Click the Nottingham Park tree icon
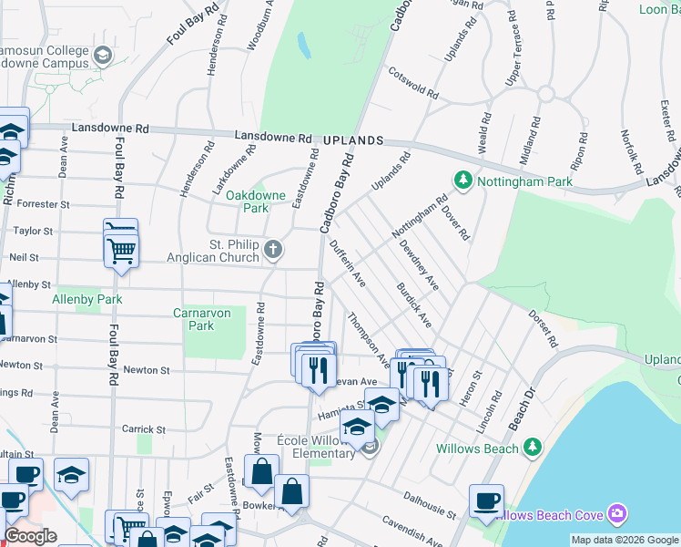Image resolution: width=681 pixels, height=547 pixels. (x=463, y=181)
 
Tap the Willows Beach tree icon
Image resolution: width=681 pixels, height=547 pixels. (x=533, y=448)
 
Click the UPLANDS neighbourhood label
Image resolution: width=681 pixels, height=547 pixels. (x=352, y=142)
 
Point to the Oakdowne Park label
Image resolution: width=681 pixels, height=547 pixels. (x=256, y=201)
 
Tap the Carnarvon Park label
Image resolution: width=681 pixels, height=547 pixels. (x=206, y=319)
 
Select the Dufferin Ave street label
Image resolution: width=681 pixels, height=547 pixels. (x=347, y=263)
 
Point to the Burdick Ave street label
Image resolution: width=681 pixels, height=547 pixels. (x=413, y=305)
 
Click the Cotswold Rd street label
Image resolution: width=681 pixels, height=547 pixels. (x=413, y=83)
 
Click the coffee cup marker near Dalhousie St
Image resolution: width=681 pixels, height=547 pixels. (x=487, y=502)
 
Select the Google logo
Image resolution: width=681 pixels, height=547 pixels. (x=30, y=536)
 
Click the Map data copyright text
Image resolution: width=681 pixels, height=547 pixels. (x=625, y=540)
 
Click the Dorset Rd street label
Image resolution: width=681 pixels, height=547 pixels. (x=544, y=328)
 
